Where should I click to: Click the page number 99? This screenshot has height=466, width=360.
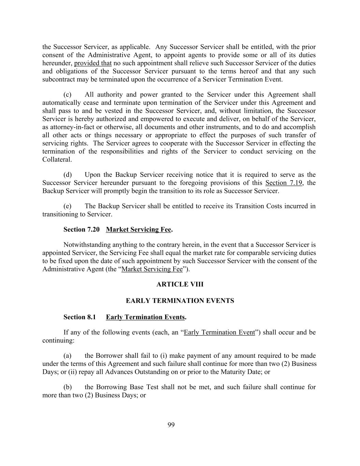point(171,425)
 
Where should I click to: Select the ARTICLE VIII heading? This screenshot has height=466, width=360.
point(180,284)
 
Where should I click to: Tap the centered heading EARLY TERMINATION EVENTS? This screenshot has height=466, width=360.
point(180,301)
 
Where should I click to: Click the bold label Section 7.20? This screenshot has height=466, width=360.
point(81,229)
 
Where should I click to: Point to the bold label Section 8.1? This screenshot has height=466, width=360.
point(80,317)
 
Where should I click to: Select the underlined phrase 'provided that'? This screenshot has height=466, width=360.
point(93,63)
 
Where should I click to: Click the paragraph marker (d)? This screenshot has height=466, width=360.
point(68,175)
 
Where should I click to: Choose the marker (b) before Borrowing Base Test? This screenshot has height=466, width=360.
point(68,387)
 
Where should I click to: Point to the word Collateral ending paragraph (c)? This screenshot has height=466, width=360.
point(57,159)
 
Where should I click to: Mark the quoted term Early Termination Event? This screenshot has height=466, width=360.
point(219,333)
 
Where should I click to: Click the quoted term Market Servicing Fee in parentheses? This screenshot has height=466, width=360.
point(152,269)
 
